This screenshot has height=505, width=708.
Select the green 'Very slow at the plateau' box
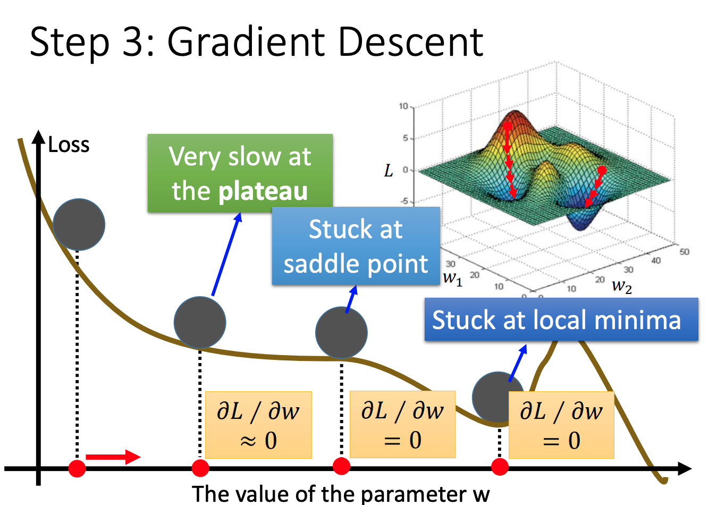click(240, 173)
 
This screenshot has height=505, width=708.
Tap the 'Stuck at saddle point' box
click(356, 246)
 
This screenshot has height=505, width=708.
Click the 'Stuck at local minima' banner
click(561, 319)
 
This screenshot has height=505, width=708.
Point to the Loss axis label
click(69, 145)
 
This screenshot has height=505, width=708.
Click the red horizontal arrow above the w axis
click(113, 457)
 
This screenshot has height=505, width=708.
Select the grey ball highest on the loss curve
click(79, 224)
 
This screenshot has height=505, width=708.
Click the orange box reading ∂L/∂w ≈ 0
click(258, 425)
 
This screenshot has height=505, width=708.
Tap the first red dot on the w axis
click(77, 468)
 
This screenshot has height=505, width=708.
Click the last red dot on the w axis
click(500, 467)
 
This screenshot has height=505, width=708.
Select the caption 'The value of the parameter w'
click(340, 493)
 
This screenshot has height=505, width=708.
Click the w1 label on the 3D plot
click(452, 277)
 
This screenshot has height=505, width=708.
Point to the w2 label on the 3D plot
click(621, 286)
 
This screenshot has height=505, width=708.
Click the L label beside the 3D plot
click(389, 171)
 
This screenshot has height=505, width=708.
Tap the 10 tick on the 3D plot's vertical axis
click(403, 106)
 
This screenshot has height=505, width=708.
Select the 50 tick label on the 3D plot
click(684, 251)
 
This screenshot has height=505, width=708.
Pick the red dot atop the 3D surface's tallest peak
click(508, 127)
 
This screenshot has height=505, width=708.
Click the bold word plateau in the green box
click(263, 191)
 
